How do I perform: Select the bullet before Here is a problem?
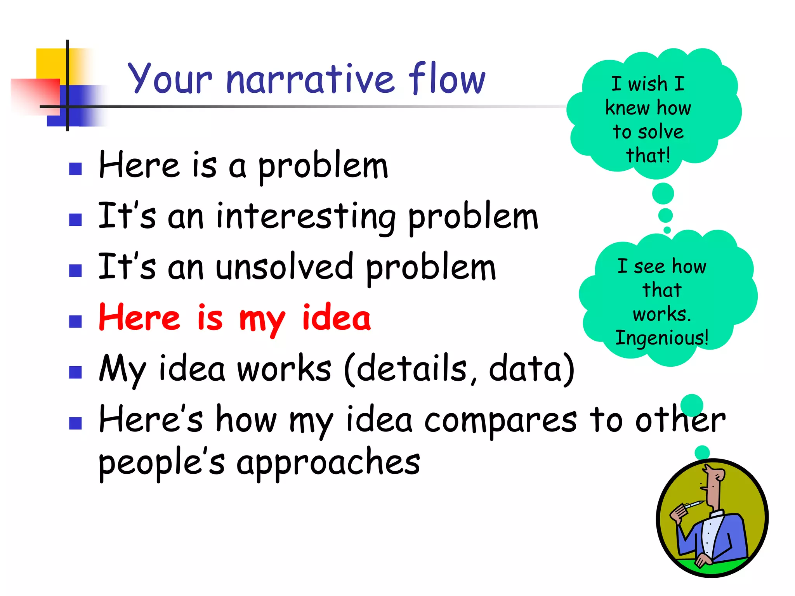pyautogui.click(x=75, y=169)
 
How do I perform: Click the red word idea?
pyautogui.click(x=336, y=318)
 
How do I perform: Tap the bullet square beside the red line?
pyautogui.click(x=75, y=321)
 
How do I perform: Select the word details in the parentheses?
pyautogui.click(x=411, y=369)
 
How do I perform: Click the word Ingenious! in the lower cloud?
pyautogui.click(x=662, y=338)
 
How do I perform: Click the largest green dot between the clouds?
pyautogui.click(x=663, y=194)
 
